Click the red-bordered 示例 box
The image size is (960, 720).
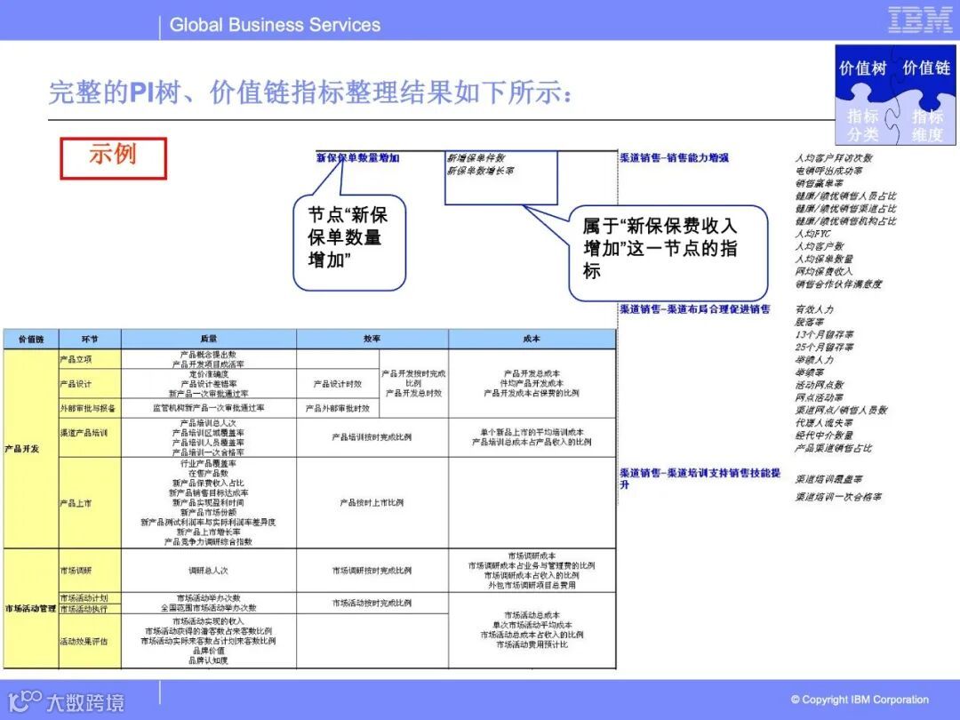[x=113, y=157]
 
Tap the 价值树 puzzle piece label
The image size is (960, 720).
[x=861, y=68]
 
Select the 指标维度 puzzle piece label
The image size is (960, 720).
[x=927, y=125]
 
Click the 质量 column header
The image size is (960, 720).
[x=209, y=339]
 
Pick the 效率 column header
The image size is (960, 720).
[x=372, y=339]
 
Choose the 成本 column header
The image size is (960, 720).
[x=532, y=339]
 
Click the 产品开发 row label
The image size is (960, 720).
[x=22, y=449]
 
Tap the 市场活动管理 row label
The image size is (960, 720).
[x=30, y=609]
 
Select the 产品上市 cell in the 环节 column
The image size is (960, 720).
[x=76, y=503]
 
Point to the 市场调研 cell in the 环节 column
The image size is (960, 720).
[x=76, y=571]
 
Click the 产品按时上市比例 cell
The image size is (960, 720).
[x=372, y=503]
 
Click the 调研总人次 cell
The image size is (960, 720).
[x=208, y=571]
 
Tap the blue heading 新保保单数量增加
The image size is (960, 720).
[x=358, y=158]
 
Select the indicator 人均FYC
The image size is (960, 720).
[x=807, y=234]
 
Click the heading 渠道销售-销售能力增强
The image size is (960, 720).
[x=674, y=158]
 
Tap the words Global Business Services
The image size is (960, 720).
[x=275, y=25]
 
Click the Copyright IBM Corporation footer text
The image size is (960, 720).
[x=860, y=700]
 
